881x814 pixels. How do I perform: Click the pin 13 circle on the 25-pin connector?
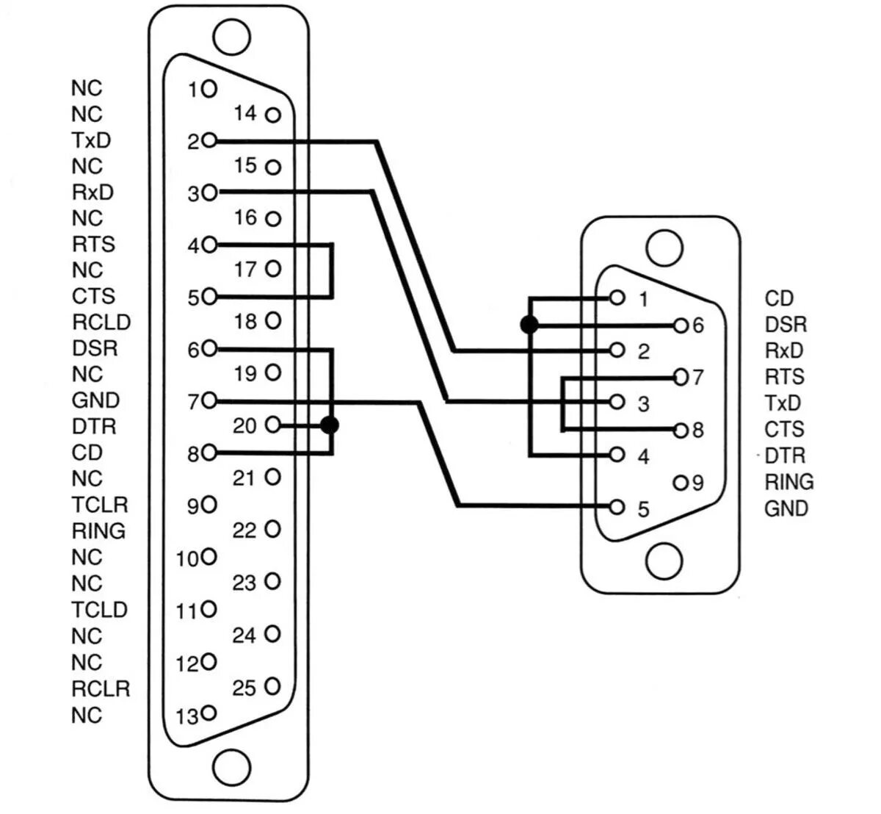click(209, 712)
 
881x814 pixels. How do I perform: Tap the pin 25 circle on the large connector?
click(273, 687)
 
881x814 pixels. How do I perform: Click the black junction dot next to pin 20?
click(330, 425)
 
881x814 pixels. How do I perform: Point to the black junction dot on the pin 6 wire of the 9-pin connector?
click(528, 325)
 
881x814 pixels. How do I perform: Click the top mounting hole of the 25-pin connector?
click(231, 36)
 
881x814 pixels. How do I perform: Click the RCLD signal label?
click(101, 322)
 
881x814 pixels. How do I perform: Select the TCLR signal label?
click(100, 505)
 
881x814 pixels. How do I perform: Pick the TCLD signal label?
click(100, 610)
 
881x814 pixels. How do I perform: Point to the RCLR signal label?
click(101, 688)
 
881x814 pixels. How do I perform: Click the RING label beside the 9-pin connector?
click(789, 482)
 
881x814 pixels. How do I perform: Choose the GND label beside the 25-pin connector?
click(95, 400)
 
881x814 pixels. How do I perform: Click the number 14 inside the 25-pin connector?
click(245, 114)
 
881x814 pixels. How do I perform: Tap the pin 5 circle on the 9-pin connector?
click(617, 507)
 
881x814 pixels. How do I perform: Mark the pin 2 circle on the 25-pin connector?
click(209, 140)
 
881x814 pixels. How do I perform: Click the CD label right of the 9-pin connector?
click(779, 298)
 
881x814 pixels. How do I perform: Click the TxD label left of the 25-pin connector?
click(92, 140)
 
